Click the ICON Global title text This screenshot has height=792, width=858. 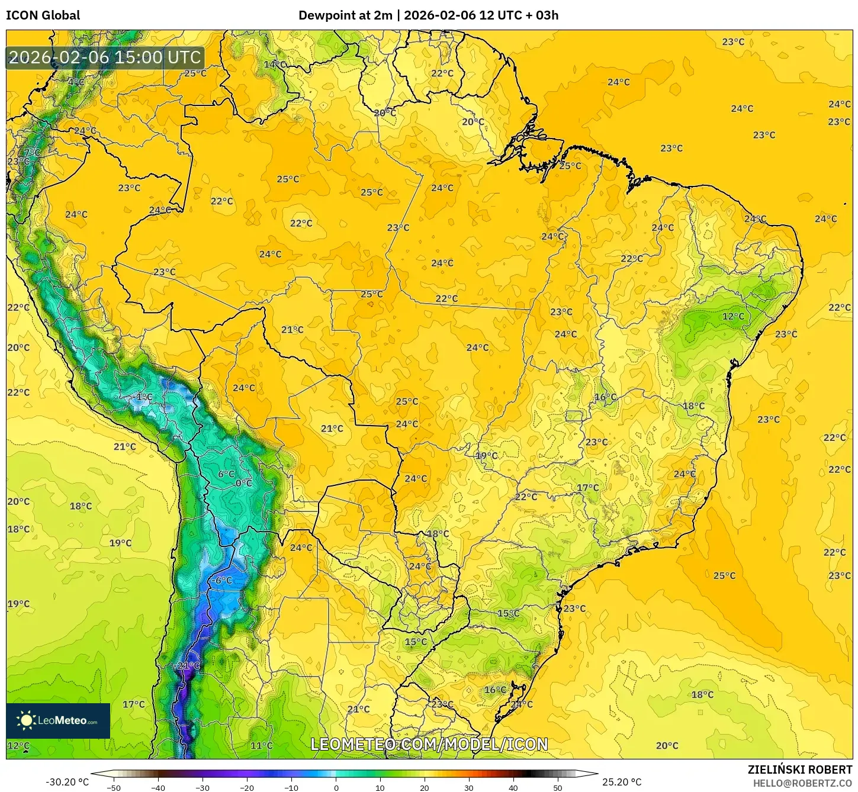pyautogui.click(x=43, y=15)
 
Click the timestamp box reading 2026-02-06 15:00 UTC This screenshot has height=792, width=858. pyautogui.click(x=105, y=57)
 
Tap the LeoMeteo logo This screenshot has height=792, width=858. pyautogui.click(x=58, y=720)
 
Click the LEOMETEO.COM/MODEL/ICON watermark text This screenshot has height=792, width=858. pyautogui.click(x=429, y=744)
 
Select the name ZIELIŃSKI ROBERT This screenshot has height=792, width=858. pyautogui.click(x=799, y=770)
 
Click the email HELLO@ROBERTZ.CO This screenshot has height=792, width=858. pyautogui.click(x=802, y=783)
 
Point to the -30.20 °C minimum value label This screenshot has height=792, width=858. pyautogui.click(x=67, y=782)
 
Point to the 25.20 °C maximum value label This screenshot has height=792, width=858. pyautogui.click(x=622, y=782)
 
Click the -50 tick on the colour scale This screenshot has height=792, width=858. pyautogui.click(x=114, y=787)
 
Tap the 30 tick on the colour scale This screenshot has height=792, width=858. pyautogui.click(x=469, y=787)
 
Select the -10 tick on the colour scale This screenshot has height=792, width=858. pyautogui.click(x=291, y=787)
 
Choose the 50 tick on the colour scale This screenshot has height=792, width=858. pyautogui.click(x=558, y=787)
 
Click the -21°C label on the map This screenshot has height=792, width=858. pyautogui.click(x=188, y=665)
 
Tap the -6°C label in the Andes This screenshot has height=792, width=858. pyautogui.click(x=222, y=581)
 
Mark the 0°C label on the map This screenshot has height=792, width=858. pyautogui.click(x=244, y=483)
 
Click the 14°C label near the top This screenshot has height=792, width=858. pyautogui.click(x=275, y=65)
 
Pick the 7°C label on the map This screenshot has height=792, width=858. pyautogui.click(x=33, y=153)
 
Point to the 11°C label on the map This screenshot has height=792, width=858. pyautogui.click(x=262, y=745)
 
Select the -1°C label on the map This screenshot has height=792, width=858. pyautogui.click(x=143, y=397)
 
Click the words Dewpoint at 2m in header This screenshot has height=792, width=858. pyautogui.click(x=345, y=15)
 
